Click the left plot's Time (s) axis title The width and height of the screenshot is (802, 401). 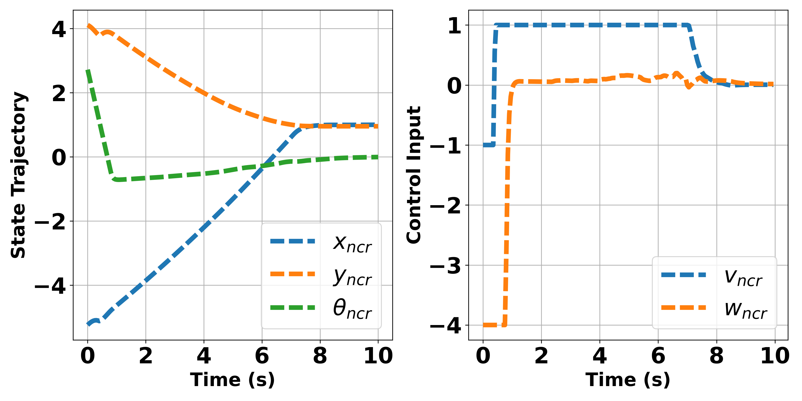pos(233,380)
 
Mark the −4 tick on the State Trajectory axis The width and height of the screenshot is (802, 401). pos(50,286)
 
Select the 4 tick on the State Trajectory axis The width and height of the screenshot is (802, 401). pos(59,30)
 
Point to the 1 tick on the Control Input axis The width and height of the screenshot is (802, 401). pos(454,26)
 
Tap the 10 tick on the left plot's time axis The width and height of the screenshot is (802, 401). pos(378,356)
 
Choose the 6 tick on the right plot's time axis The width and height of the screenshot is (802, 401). pos(658,356)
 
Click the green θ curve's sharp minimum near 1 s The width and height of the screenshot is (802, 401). pos(117,179)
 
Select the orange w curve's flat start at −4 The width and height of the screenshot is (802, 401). pos(493,325)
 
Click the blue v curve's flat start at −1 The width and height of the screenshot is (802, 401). pos(488,145)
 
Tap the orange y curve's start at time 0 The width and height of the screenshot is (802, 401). pos(88,25)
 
